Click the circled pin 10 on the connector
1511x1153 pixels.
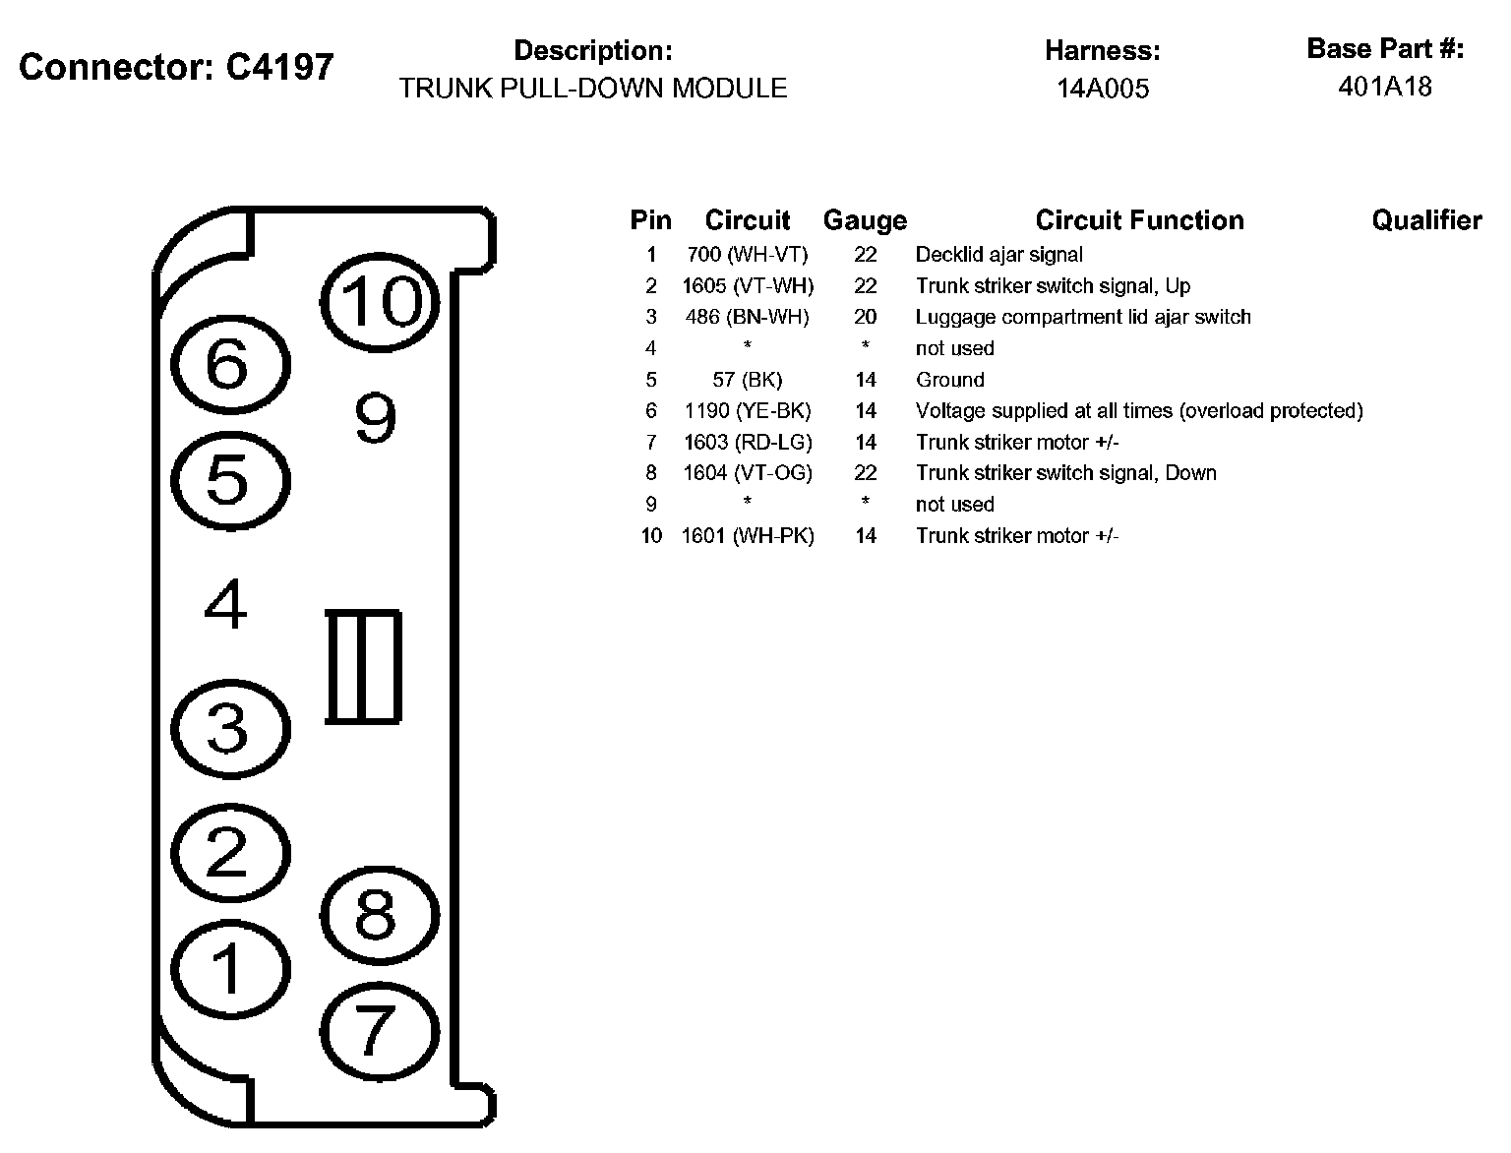pos(380,301)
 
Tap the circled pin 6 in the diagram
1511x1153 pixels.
pos(230,365)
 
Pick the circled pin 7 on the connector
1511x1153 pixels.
pos(378,1031)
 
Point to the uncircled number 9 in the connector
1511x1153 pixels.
pos(375,418)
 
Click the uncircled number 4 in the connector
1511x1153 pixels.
pos(226,604)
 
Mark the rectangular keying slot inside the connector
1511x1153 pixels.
pos(363,667)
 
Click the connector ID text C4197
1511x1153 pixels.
pos(279,67)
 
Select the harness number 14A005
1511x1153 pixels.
pos(1103,89)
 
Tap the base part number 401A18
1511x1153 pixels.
pos(1385,87)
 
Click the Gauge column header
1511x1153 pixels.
pos(865,220)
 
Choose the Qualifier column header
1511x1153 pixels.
pos(1426,220)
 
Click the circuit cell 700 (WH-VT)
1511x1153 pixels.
pos(748,255)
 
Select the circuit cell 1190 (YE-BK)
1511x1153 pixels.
pos(748,410)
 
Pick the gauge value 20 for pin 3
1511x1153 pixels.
pos(865,317)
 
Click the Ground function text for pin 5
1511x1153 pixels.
pos(949,380)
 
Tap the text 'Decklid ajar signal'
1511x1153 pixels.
pos(998,255)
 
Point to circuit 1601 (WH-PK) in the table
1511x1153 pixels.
pos(748,536)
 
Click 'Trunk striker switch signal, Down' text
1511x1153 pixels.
pos(1065,473)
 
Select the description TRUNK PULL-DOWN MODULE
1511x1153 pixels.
pos(593,89)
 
